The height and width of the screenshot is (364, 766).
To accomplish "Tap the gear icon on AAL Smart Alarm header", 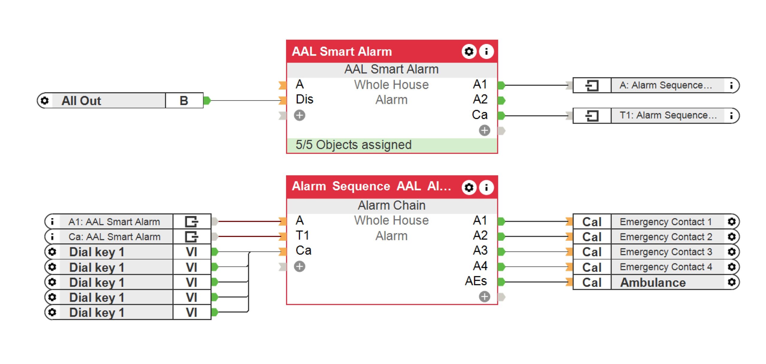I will [x=469, y=51].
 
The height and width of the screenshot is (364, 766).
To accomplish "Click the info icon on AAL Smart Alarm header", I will [x=486, y=51].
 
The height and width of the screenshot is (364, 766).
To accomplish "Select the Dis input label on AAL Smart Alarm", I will [x=304, y=99].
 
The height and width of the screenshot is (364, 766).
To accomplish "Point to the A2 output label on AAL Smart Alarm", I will [x=480, y=99].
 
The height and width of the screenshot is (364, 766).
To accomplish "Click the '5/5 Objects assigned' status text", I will [x=353, y=145].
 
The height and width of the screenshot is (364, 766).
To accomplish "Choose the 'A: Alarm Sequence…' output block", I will [x=665, y=85].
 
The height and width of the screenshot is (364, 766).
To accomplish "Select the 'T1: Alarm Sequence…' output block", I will [x=668, y=115].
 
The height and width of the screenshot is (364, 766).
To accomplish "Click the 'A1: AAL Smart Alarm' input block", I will [x=114, y=222].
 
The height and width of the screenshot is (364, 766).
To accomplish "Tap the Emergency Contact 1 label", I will [x=665, y=222].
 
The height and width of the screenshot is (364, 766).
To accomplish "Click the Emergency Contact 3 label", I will [x=665, y=252].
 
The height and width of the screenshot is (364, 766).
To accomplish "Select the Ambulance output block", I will [x=653, y=282].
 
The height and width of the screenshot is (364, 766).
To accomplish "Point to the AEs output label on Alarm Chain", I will [x=476, y=281].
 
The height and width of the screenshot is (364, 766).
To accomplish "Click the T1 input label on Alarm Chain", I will [x=302, y=236].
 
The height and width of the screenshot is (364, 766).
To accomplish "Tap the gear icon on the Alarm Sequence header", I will [x=469, y=187].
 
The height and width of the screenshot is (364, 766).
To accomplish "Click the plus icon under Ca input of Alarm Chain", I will [x=300, y=266].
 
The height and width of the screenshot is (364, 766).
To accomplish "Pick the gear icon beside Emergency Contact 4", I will [x=732, y=267].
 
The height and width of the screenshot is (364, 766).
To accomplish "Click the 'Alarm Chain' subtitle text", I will [x=391, y=205].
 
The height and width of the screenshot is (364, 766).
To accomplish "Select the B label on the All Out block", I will [x=184, y=101].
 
